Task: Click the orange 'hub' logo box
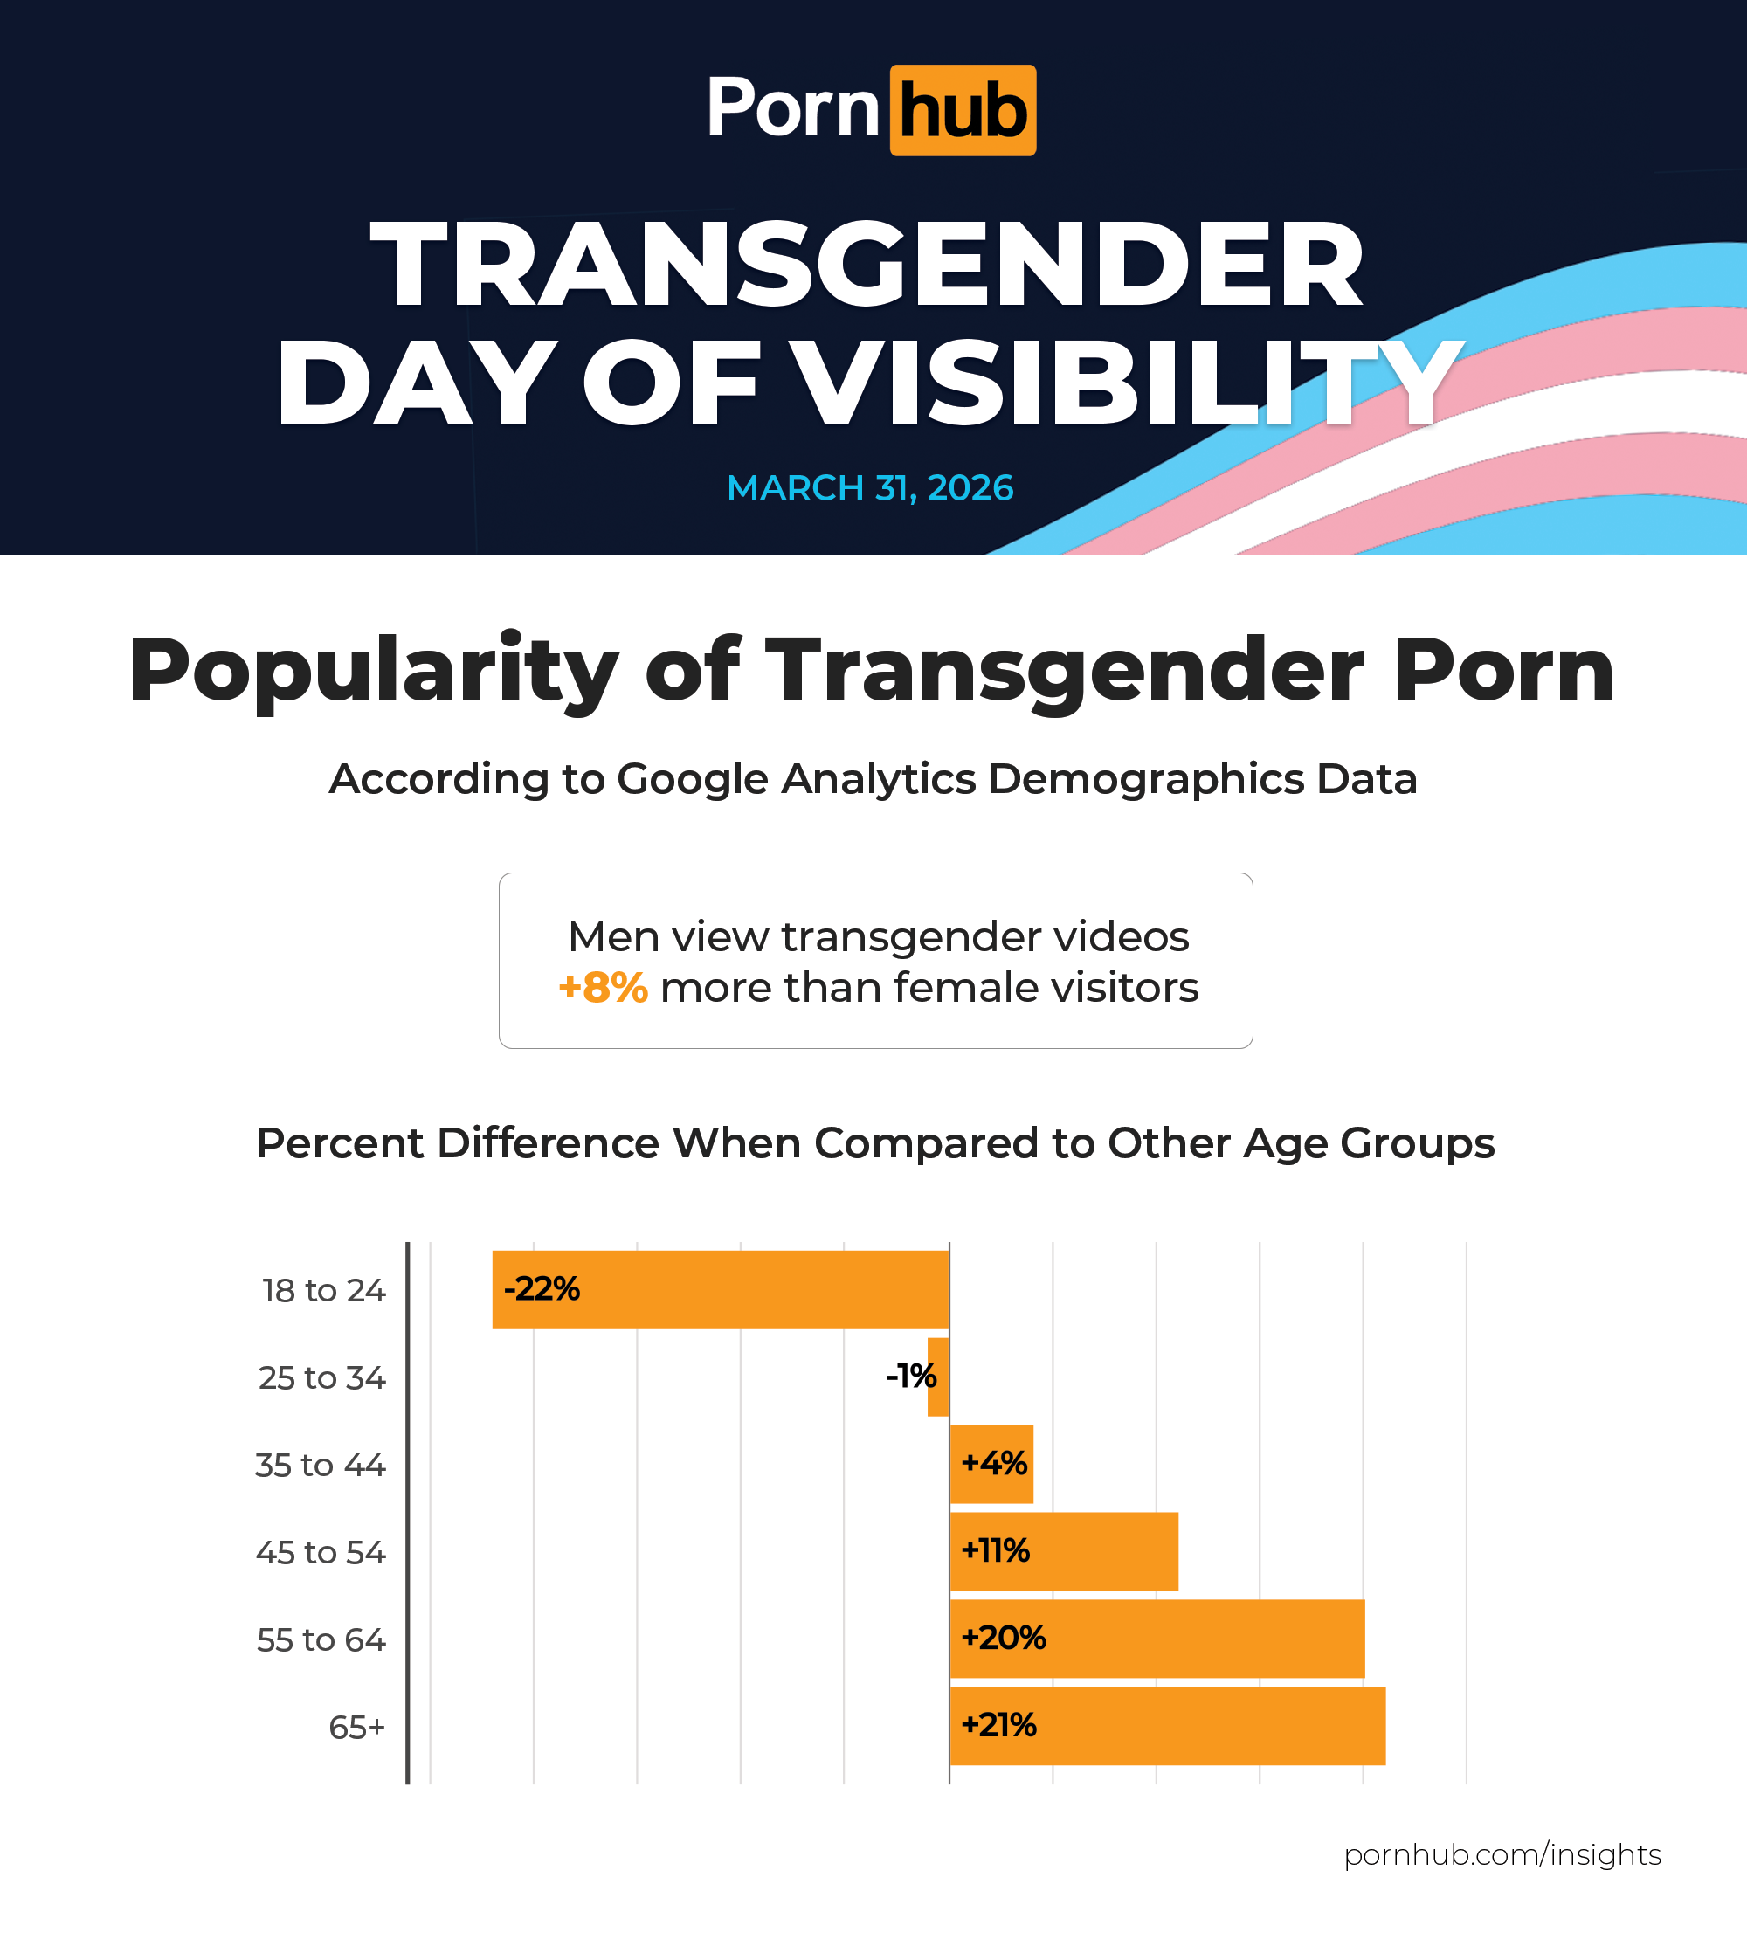click(962, 110)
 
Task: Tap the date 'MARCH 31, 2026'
click(870, 487)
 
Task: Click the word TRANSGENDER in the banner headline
click(867, 263)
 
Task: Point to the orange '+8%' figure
click(603, 987)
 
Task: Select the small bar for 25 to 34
click(938, 1377)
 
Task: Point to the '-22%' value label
click(542, 1288)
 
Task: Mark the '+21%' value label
click(998, 1725)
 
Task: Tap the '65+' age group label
click(356, 1728)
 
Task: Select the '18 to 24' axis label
click(323, 1290)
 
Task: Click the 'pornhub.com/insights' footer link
click(1502, 1854)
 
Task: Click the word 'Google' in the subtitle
click(692, 778)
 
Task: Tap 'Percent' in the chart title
click(340, 1143)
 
